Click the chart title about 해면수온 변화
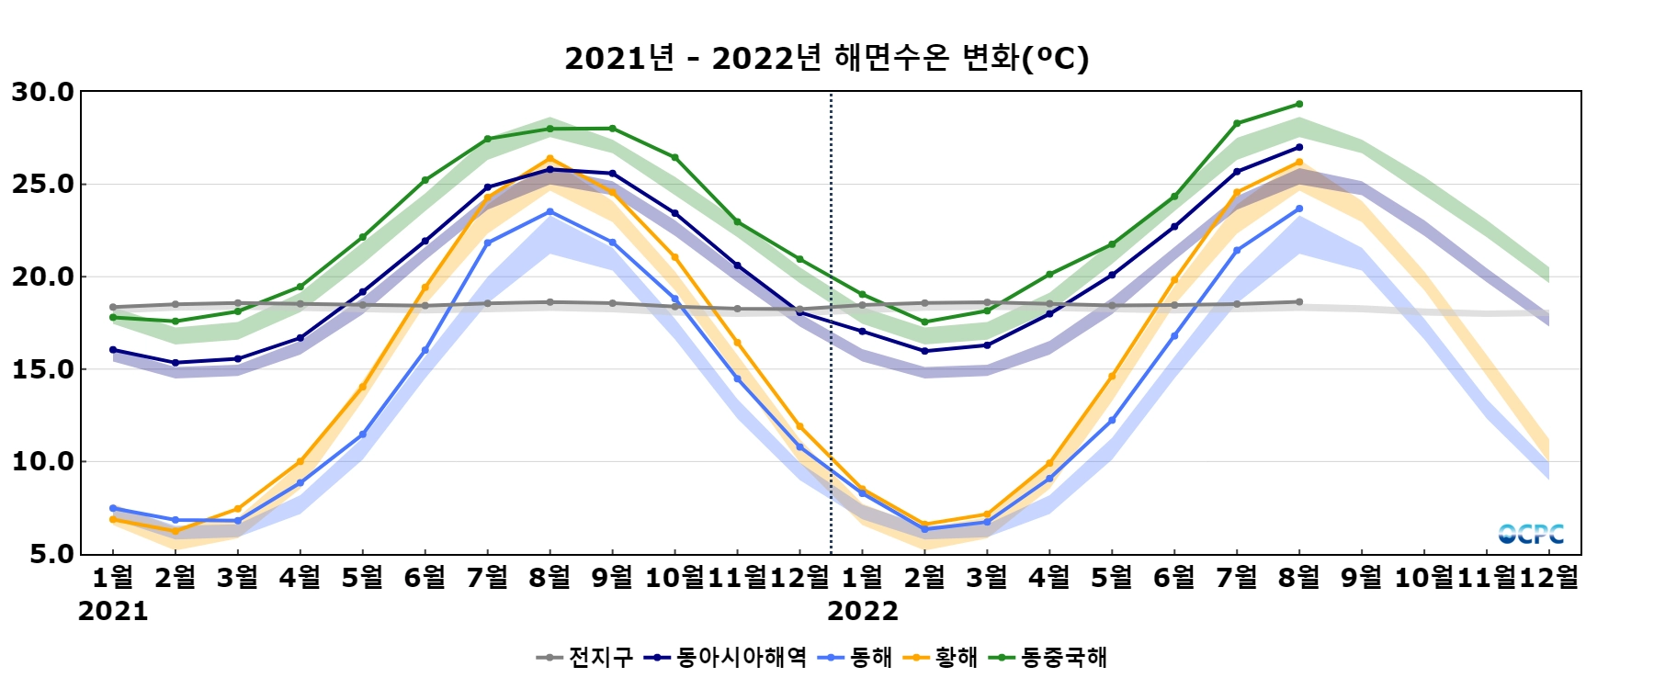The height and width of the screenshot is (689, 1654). click(826, 58)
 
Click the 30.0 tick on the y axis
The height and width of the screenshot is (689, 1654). click(42, 92)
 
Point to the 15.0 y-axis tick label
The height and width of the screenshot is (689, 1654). click(42, 369)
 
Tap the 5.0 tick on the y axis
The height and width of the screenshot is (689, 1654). click(51, 554)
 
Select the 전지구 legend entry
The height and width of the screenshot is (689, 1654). click(585, 657)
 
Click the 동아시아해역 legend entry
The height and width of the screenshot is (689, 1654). click(725, 657)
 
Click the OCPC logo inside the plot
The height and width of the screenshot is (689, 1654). click(1531, 534)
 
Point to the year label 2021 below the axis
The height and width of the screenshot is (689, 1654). click(113, 611)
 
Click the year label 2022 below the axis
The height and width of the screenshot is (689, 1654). click(863, 611)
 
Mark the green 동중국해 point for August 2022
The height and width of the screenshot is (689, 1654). click(1299, 104)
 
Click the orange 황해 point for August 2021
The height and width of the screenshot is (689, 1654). click(550, 159)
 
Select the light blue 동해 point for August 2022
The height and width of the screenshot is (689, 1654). click(1299, 209)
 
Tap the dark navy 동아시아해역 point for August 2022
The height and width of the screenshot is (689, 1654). click(1299, 147)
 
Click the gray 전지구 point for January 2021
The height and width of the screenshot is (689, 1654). click(113, 307)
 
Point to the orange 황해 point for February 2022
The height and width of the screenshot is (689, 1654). click(924, 525)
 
